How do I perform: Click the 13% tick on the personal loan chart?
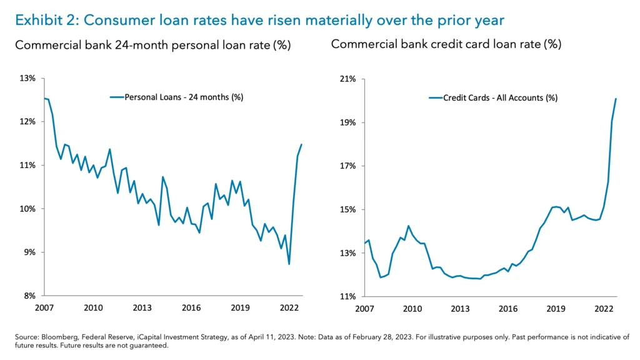pos(27,78)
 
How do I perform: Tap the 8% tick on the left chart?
pos(29,296)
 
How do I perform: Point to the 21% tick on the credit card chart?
pos(347,79)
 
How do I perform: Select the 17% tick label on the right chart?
pos(347,166)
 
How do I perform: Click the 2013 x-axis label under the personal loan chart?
pos(142,308)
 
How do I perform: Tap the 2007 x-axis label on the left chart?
pos(44,308)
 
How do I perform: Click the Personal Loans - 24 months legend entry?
pos(176,97)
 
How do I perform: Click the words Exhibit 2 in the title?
pos(44,20)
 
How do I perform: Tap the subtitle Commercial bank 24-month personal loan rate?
pos(153,46)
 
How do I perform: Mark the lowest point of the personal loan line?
pos(289,264)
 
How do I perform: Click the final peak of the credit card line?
pos(616,99)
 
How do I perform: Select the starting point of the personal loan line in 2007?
pos(44,98)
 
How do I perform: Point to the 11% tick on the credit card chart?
pos(347,296)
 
